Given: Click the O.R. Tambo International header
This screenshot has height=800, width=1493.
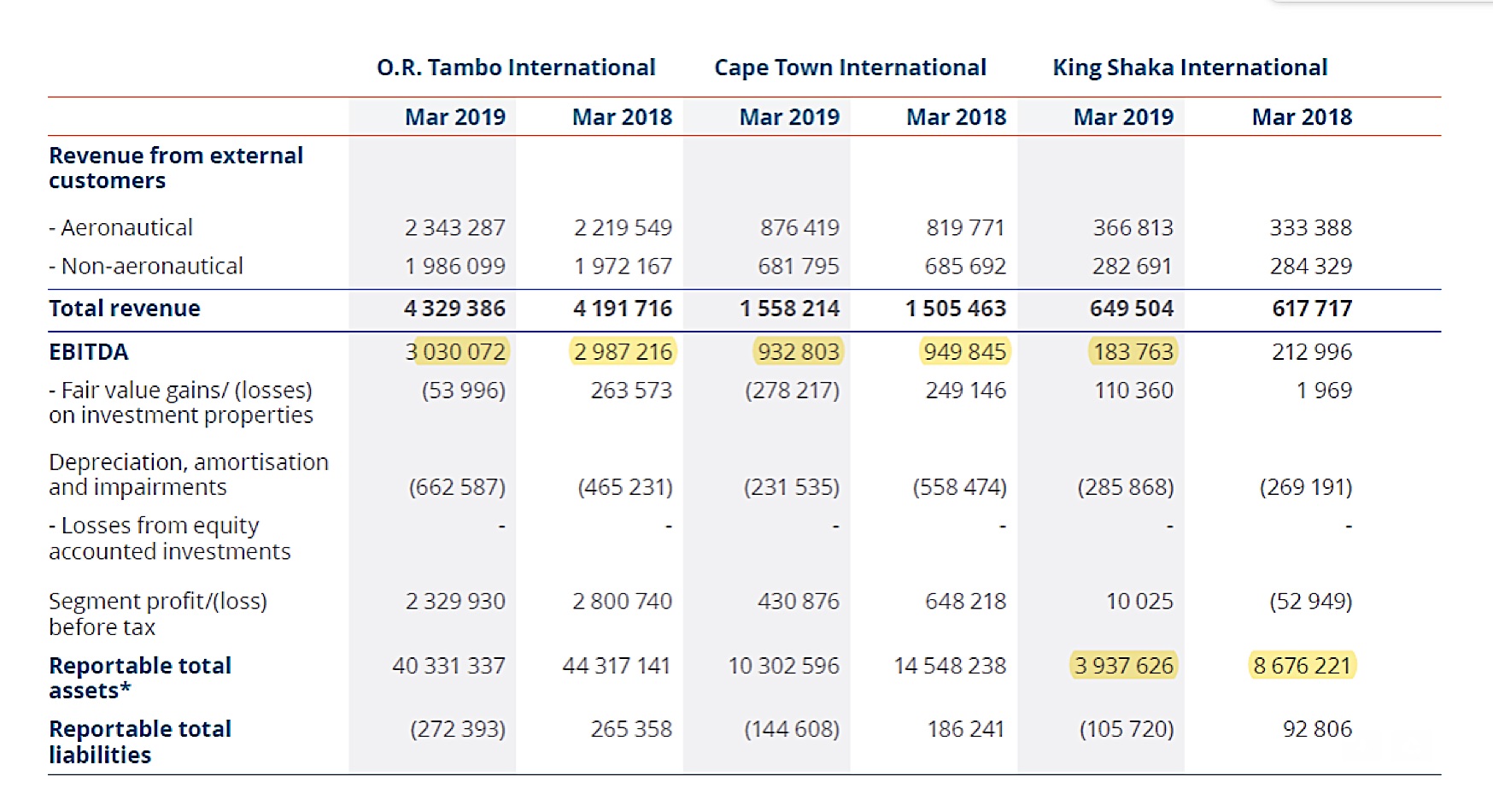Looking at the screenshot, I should (516, 68).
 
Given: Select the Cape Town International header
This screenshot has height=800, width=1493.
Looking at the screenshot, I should (850, 68).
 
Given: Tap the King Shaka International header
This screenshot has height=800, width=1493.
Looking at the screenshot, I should (1190, 68).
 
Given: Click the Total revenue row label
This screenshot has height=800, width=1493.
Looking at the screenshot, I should (125, 309).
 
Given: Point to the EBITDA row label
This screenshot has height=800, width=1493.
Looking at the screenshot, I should (89, 352).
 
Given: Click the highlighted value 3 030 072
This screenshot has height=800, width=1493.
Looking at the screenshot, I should (456, 352).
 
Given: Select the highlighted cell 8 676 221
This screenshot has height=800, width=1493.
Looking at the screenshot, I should (1303, 666).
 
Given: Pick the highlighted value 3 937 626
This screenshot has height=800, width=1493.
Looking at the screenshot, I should (1124, 666).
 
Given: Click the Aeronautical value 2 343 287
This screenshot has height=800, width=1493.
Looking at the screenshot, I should (455, 228).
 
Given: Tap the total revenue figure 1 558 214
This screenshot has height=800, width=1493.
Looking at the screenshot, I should (790, 309).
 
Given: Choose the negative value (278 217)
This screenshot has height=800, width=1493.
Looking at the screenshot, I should (792, 391).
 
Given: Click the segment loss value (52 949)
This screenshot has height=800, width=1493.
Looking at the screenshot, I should (1310, 602).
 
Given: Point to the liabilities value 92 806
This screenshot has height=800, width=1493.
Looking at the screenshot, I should (1317, 729).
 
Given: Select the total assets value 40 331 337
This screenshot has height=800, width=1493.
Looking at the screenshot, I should (449, 666).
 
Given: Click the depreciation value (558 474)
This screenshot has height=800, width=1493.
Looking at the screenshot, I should (959, 487).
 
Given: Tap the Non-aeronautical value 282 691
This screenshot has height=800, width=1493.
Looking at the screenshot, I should (1133, 267).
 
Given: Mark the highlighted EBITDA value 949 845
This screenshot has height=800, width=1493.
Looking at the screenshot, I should (965, 352).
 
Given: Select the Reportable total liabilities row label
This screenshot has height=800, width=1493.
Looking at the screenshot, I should (140, 742).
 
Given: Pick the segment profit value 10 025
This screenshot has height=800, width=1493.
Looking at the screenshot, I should (1139, 602).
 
